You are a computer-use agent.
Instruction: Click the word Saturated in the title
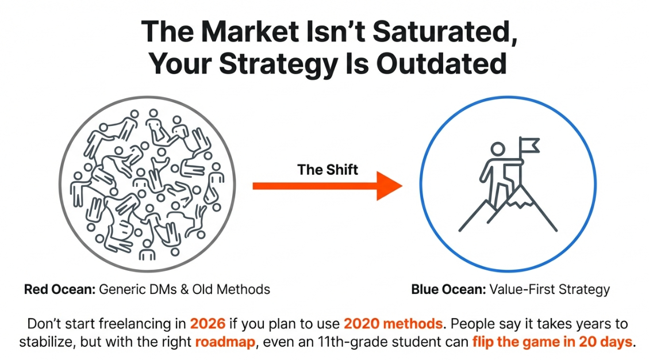[445, 32]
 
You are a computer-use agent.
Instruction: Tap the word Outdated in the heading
[441, 64]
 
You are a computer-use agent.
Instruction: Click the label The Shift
[328, 170]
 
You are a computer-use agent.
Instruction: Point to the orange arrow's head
[389, 186]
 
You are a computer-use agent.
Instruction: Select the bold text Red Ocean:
[60, 289]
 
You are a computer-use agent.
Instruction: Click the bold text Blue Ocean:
[449, 289]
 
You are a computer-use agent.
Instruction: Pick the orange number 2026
[208, 323]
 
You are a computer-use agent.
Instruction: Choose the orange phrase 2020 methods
[393, 323]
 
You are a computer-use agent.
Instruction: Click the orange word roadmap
[225, 342]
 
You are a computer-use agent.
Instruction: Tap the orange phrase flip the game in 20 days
[552, 342]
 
